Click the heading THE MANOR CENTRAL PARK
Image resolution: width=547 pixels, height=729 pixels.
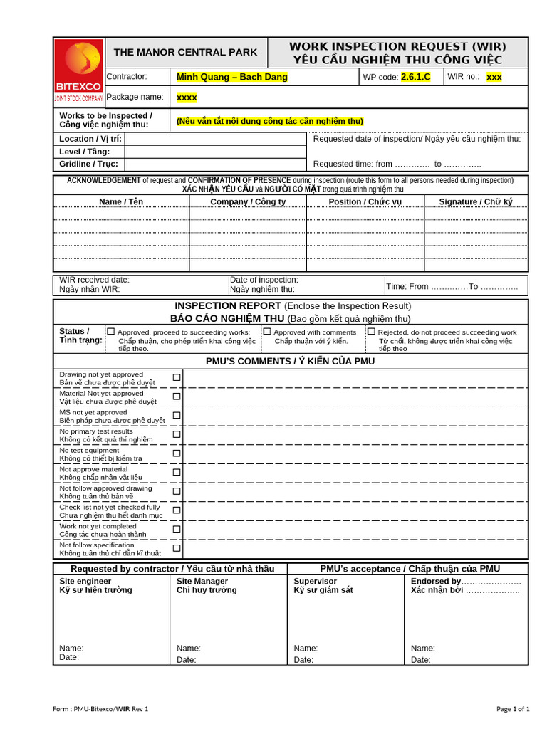(x=186, y=52)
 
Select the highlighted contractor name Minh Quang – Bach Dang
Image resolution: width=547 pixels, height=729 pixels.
(x=232, y=77)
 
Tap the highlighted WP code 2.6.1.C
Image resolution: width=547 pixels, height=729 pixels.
(x=416, y=77)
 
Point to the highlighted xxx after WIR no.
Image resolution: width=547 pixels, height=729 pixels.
(x=494, y=77)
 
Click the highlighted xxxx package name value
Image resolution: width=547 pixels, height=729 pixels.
(x=187, y=97)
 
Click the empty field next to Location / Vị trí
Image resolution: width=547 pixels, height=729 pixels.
(x=215, y=139)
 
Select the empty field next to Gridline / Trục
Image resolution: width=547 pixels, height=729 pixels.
(x=215, y=164)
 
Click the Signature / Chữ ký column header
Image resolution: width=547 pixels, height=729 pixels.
(x=476, y=201)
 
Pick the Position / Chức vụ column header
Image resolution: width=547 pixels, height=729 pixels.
(x=365, y=201)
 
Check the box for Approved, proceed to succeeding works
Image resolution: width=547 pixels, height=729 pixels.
(x=110, y=332)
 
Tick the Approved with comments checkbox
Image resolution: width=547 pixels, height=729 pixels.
(x=267, y=332)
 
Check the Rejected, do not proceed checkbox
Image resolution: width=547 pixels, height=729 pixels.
(x=371, y=332)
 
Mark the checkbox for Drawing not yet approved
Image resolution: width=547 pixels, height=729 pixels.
(x=177, y=377)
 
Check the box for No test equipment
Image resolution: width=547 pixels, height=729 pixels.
(x=177, y=453)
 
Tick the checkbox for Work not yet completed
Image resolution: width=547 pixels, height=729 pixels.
(x=177, y=530)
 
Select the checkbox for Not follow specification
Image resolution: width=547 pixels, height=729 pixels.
(x=177, y=548)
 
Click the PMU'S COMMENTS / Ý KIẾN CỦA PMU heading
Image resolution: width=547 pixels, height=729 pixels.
(x=290, y=361)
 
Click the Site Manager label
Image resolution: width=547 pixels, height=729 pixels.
(x=202, y=581)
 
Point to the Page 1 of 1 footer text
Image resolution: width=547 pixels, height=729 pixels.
(x=512, y=708)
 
